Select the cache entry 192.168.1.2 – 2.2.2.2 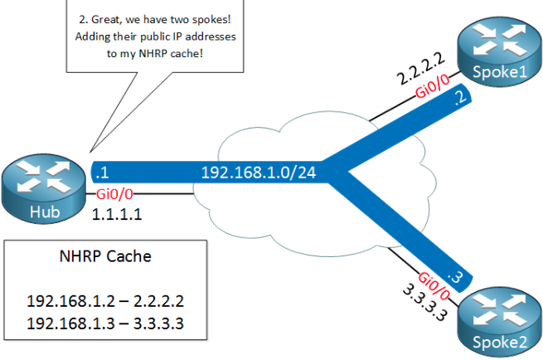point(104,300)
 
